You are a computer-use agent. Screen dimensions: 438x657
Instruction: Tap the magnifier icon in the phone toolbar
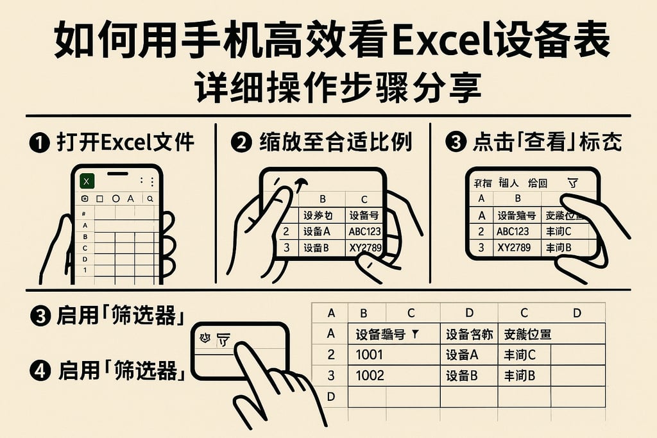pyautogui.click(x=149, y=199)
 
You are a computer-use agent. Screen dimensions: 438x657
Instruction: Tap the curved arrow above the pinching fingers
pyautogui.click(x=299, y=184)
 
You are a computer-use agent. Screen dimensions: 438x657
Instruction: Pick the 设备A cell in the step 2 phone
pyautogui.click(x=317, y=232)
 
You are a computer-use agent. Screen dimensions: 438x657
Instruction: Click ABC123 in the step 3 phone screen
pyautogui.click(x=513, y=232)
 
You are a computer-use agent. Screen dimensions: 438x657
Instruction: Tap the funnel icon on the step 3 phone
pyautogui.click(x=573, y=183)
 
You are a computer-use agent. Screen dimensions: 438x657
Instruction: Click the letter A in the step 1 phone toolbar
pyautogui.click(x=131, y=199)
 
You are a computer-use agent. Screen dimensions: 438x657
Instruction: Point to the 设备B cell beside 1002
pyautogui.click(x=461, y=375)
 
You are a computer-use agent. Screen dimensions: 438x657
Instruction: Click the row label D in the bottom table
pyautogui.click(x=331, y=397)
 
